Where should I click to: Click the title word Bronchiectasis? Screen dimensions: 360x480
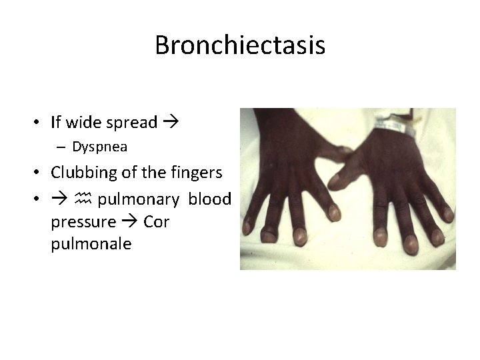(x=240, y=45)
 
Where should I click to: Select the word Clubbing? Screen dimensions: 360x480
(x=79, y=172)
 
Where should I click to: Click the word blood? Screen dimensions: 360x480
(x=210, y=199)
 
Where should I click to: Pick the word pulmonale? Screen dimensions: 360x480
(x=91, y=244)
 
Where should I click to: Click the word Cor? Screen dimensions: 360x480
(x=157, y=222)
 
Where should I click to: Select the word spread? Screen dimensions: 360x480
(x=132, y=122)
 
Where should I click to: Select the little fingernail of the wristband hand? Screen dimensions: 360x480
(x=447, y=213)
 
